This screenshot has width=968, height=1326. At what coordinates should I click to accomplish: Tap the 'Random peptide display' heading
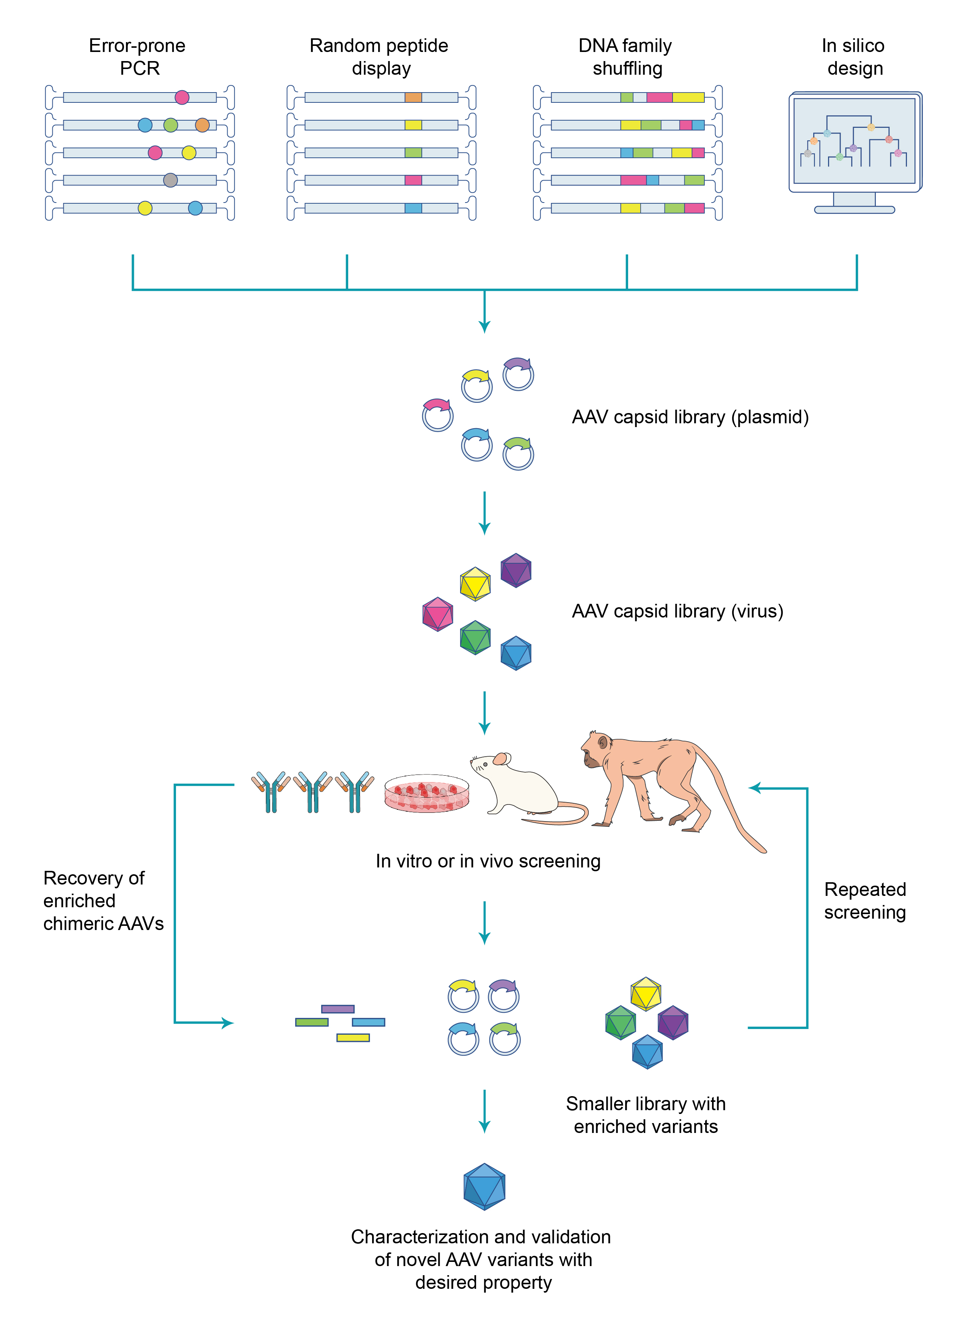tap(379, 57)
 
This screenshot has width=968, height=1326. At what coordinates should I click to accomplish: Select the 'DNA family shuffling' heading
tap(626, 57)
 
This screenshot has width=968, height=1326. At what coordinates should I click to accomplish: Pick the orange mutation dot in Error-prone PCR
tap(202, 125)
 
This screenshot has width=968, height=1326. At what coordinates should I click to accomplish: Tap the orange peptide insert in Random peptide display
tap(413, 97)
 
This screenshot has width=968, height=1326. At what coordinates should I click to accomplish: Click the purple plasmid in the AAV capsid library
tap(518, 374)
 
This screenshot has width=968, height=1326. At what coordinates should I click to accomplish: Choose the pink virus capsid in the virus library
tap(438, 614)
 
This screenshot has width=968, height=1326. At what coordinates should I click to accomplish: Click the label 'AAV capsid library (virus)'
tap(677, 611)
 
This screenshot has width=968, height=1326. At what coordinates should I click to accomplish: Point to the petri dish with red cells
tap(427, 793)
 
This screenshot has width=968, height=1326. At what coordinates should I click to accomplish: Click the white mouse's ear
tap(500, 759)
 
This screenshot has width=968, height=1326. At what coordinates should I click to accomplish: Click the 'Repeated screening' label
tap(865, 900)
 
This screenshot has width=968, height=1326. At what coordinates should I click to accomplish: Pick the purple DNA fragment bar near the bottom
tap(338, 1009)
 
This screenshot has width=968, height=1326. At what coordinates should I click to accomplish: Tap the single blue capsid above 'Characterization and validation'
tap(484, 1186)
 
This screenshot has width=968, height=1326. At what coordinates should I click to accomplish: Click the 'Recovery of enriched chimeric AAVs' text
tap(103, 900)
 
